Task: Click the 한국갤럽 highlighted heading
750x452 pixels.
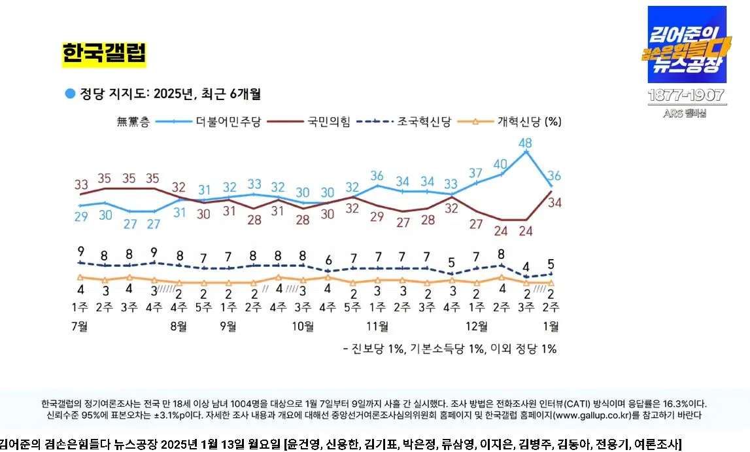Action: pyautogui.click(x=104, y=54)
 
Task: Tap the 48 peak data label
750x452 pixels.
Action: pyautogui.click(x=525, y=142)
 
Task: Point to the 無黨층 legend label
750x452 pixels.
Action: pyautogui.click(x=133, y=121)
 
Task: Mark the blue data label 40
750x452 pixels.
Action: pyautogui.click(x=501, y=164)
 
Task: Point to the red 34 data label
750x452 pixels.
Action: pyautogui.click(x=554, y=202)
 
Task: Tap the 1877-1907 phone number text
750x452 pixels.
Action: pyautogui.click(x=687, y=96)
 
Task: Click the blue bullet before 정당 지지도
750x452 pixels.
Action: pyautogui.click(x=70, y=94)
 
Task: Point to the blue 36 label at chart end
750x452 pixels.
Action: pyautogui.click(x=554, y=175)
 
